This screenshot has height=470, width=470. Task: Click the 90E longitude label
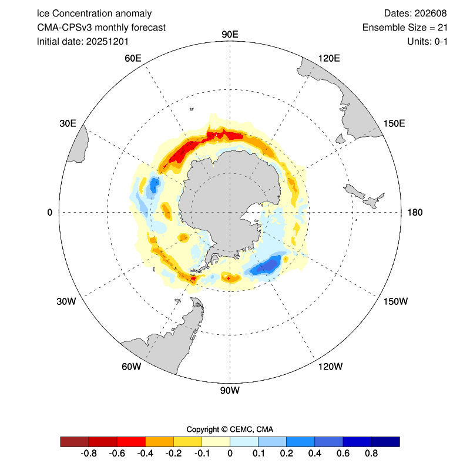[230, 33]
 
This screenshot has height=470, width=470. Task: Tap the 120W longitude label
[330, 367]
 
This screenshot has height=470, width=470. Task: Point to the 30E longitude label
[68, 123]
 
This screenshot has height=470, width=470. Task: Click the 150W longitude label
[395, 301]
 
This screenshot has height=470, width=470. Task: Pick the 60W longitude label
[131, 367]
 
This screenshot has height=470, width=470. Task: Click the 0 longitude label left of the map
[50, 212]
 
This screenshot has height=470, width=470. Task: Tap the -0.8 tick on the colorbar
[88, 453]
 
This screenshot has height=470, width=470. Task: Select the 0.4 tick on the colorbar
[314, 453]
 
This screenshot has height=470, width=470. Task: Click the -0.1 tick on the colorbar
[202, 453]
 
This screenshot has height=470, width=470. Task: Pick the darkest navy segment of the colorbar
[385, 441]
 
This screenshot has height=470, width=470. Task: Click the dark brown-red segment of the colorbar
[75, 441]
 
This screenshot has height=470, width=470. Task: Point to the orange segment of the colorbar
[159, 441]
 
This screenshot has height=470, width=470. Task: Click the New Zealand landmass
[365, 196]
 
